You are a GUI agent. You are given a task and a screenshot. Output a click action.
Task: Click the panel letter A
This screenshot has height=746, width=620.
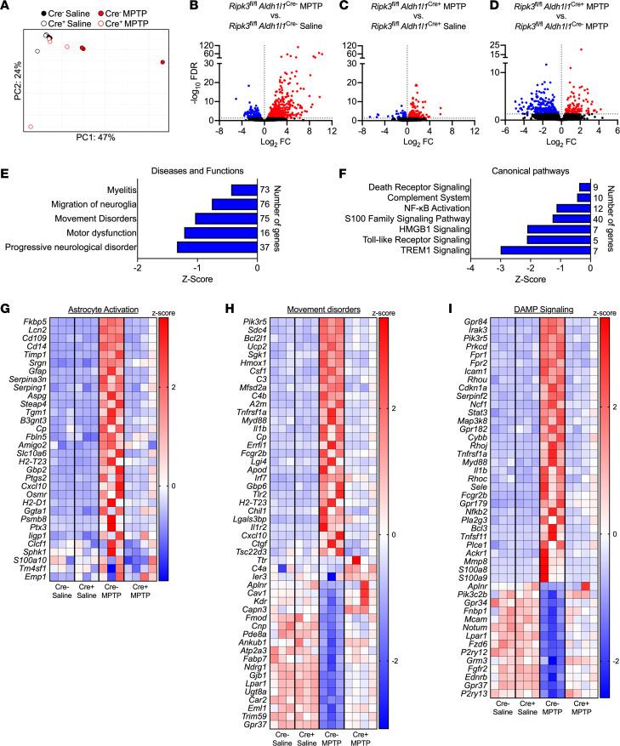[7, 8]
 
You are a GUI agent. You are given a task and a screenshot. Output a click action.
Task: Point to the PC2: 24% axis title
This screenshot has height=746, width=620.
[8, 86]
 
